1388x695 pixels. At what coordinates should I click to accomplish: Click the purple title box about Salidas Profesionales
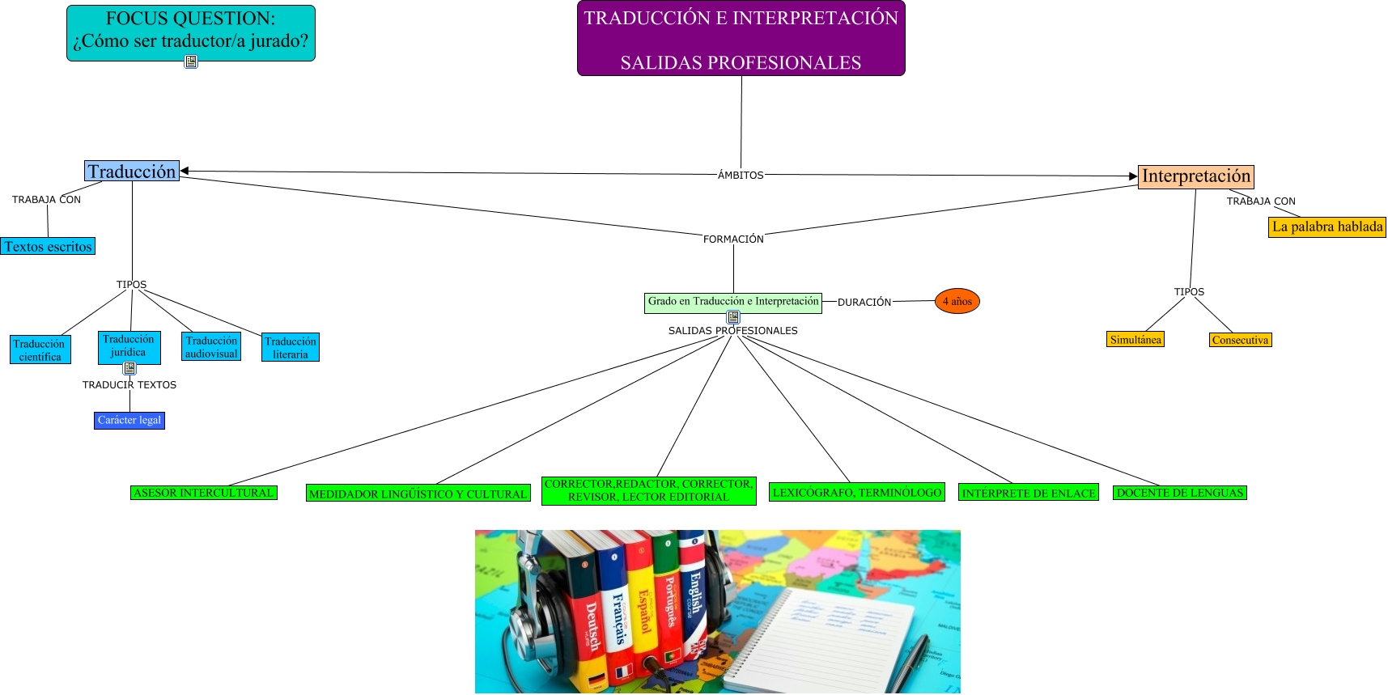[741, 39]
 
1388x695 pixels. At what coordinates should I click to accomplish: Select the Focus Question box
[190, 31]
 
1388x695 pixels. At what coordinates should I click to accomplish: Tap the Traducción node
[132, 171]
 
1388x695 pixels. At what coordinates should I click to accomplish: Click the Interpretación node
[1195, 176]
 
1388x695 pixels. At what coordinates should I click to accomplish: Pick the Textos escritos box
[48, 247]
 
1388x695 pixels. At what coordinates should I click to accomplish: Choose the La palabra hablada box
[1326, 227]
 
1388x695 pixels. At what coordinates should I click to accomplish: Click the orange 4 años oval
[957, 301]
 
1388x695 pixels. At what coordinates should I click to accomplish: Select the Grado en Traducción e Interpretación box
[732, 302]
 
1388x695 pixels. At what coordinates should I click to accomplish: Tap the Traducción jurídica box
[129, 345]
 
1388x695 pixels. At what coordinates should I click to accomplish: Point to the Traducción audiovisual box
[211, 347]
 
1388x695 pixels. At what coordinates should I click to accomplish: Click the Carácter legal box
[129, 421]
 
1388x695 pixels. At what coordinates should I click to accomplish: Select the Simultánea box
[1135, 340]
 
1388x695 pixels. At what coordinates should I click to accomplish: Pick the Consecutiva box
[1240, 340]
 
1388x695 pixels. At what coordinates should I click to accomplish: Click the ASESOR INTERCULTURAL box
[203, 493]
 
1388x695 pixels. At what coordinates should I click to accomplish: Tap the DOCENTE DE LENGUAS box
[1179, 493]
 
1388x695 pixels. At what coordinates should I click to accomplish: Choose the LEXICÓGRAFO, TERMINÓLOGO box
[856, 492]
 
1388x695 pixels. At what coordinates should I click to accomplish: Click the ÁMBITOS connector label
[741, 175]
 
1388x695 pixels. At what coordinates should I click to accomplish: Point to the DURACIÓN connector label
[864, 302]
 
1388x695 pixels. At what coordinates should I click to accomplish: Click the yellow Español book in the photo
[640, 607]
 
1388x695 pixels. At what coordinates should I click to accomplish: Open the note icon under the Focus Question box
[191, 61]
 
